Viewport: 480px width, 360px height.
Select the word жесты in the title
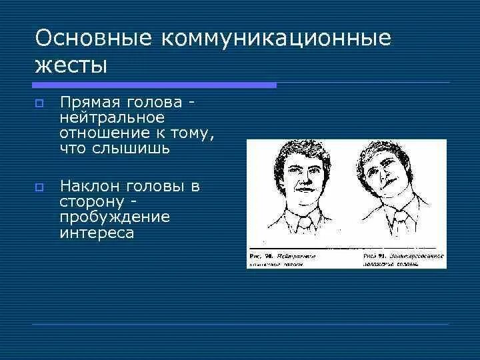click(x=71, y=66)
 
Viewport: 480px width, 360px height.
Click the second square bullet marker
click(x=39, y=187)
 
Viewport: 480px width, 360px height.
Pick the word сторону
click(x=91, y=202)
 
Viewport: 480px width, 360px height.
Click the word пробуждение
click(x=114, y=217)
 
